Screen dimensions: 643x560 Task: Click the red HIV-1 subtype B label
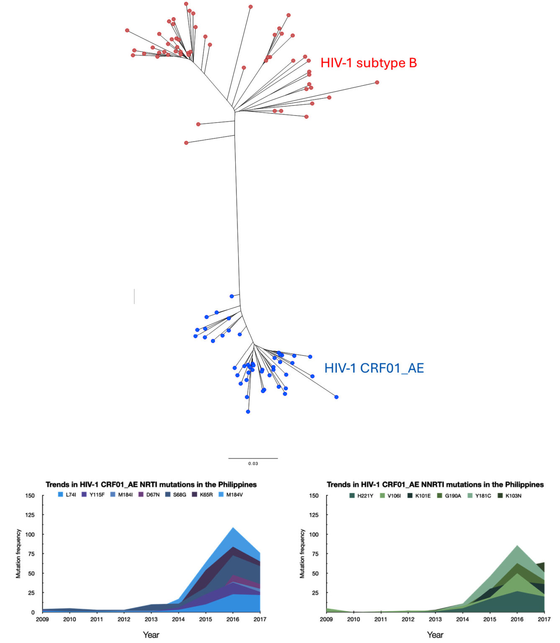coord(368,63)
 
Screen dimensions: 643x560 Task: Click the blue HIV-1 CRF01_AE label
coord(374,368)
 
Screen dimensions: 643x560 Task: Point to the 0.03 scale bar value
coord(253,463)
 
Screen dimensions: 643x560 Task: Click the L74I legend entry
coord(67,495)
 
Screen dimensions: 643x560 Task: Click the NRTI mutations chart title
coord(151,484)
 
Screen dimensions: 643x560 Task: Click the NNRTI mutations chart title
coord(435,484)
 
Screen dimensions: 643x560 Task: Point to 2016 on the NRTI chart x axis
coord(233,619)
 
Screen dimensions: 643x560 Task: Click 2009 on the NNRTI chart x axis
coord(326,619)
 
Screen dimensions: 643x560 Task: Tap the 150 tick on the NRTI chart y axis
coord(30,496)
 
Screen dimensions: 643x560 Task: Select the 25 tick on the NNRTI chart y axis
coord(315,593)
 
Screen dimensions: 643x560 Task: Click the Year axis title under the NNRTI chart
coord(435,635)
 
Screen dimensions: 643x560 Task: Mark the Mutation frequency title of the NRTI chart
coord(18,553)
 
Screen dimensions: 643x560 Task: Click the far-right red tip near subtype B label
coord(377,82)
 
